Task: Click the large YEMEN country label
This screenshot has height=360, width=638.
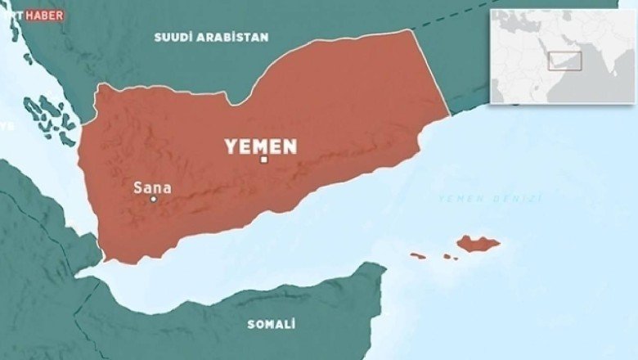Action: [261, 146]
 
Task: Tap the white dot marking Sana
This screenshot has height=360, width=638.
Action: [153, 199]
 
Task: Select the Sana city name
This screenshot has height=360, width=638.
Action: [152, 187]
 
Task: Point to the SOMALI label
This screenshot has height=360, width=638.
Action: [271, 325]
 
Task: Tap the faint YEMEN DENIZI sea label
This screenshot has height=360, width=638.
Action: [490, 199]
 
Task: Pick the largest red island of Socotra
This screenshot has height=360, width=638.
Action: [478, 243]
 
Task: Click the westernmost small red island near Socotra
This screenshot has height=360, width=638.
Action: [418, 255]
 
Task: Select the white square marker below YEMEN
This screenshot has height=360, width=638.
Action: [263, 160]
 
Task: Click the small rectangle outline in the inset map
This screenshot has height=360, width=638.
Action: [565, 61]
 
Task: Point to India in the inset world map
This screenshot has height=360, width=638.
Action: [601, 57]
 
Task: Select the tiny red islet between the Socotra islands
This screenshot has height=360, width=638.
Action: [447, 256]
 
